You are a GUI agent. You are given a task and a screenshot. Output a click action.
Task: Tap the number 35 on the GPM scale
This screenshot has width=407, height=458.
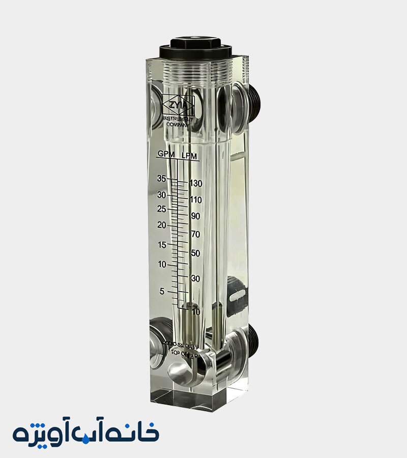[x=162, y=178]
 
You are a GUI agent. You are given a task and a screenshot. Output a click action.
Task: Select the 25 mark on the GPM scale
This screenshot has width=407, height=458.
[x=162, y=209]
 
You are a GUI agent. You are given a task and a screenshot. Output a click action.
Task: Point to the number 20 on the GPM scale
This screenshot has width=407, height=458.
[x=162, y=225]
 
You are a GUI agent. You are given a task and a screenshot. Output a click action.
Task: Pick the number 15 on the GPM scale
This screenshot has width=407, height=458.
[x=162, y=245]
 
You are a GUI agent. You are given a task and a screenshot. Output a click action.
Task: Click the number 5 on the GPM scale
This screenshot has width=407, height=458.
[x=162, y=291]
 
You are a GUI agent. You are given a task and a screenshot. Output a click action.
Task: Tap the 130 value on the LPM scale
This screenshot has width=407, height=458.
[x=196, y=183]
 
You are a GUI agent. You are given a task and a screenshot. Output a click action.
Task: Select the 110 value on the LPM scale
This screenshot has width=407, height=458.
[x=196, y=199]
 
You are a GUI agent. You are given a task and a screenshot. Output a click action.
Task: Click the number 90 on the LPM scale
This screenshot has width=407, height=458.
[x=195, y=216]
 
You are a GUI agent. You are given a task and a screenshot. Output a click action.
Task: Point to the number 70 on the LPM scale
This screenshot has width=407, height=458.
[x=195, y=235]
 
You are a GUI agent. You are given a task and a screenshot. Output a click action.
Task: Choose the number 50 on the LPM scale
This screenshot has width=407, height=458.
[x=195, y=253]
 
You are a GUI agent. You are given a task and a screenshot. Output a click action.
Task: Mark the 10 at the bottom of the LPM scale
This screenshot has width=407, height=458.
[x=195, y=311]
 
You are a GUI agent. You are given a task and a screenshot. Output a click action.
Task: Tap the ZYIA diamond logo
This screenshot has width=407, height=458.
[x=178, y=105]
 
